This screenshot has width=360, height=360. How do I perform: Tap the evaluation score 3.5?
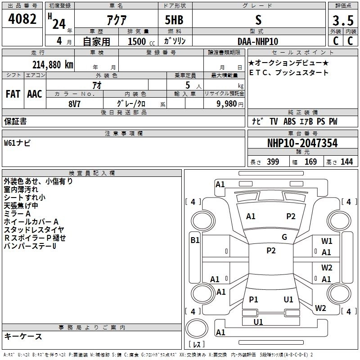tap(343, 20)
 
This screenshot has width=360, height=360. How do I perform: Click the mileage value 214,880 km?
tap(53, 64)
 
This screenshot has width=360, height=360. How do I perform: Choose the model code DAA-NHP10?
tap(258, 41)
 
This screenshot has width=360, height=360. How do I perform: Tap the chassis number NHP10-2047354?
tap(302, 143)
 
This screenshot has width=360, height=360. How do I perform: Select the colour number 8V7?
tap(75, 103)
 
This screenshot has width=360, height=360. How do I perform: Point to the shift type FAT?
tap(13, 94)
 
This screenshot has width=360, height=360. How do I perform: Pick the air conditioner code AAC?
tap(34, 94)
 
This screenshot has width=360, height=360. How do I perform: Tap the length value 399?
tap(273, 162)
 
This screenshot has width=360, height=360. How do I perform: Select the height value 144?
tap(346, 162)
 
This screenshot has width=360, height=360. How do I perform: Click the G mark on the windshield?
tap(284, 237)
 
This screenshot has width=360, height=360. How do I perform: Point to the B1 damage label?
tap(195, 240)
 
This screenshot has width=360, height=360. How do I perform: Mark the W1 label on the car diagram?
tap(327, 241)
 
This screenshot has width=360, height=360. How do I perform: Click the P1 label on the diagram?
tap(254, 299)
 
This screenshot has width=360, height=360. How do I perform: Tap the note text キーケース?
tap(23, 336)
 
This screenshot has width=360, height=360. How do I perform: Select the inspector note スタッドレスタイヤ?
tap(34, 230)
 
